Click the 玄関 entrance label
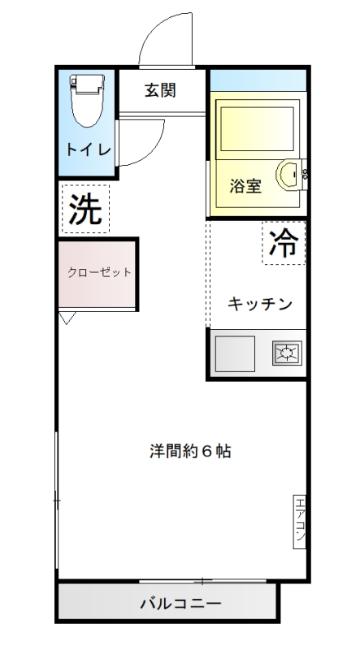[x=161, y=90]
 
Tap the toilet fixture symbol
[x=87, y=100]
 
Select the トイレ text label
[x=89, y=149]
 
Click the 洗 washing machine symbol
[x=85, y=209]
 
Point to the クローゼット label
[x=99, y=272]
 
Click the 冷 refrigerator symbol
[x=284, y=243]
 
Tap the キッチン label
[x=259, y=304]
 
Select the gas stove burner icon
[x=287, y=353]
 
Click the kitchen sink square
[x=235, y=353]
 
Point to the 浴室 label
[x=245, y=187]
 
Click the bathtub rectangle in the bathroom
[x=257, y=129]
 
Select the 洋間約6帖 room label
[x=190, y=451]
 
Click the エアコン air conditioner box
[x=299, y=522]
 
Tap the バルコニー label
[x=180, y=603]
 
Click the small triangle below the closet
[x=67, y=318]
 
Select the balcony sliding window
[x=202, y=582]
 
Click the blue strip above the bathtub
[x=258, y=80]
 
